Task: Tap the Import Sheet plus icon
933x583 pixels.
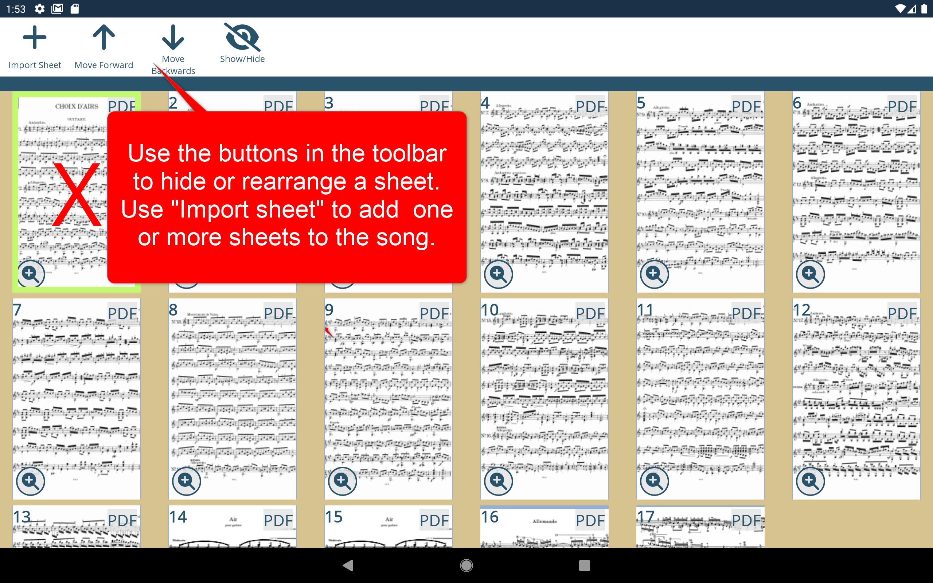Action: pos(35,38)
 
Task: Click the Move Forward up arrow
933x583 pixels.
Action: pos(104,38)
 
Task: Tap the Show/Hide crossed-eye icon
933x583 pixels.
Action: pos(242,38)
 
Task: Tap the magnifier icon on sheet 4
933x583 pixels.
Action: pos(498,274)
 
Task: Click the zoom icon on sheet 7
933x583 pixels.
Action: pos(31,481)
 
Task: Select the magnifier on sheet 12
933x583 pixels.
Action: pos(810,481)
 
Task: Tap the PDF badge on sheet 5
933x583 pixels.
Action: pos(746,107)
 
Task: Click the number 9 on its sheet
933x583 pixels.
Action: pos(329,310)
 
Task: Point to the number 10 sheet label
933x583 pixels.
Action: pos(489,310)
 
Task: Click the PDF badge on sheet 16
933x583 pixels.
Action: pos(590,521)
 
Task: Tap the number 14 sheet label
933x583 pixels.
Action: pos(178,517)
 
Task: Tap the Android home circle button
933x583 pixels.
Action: pos(466,566)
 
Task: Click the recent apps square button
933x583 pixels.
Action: pos(584,566)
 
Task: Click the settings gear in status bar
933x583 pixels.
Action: pos(40,8)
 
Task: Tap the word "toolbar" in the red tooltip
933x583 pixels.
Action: pos(409,153)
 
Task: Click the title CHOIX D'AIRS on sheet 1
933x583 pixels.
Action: pos(77,106)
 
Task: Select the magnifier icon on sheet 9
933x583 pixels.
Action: pos(342,481)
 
